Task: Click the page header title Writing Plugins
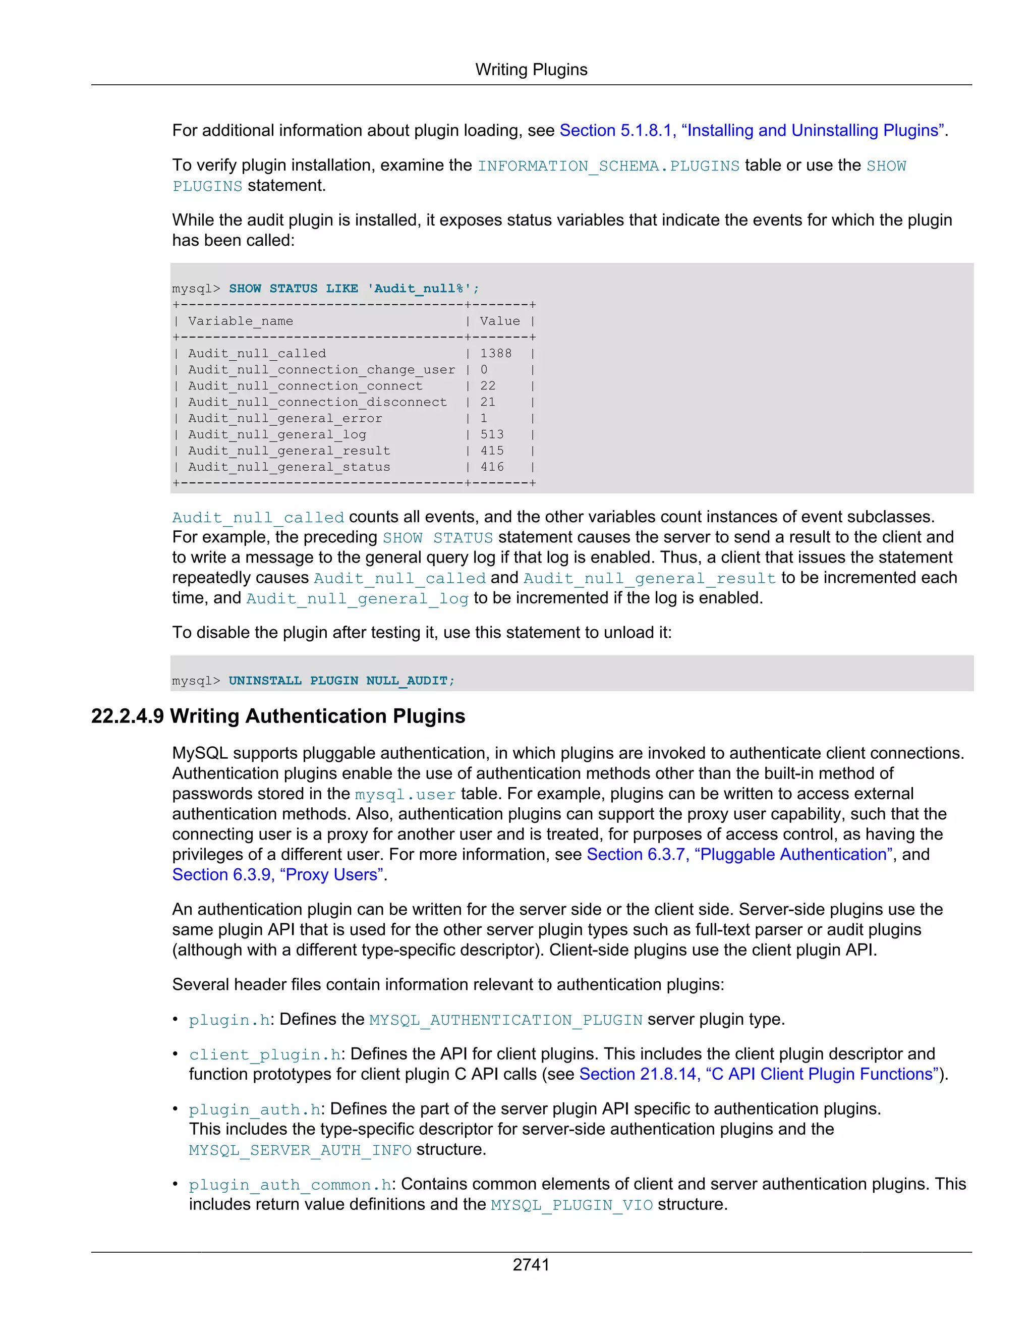pyautogui.click(x=531, y=70)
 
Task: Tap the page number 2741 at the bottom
pyautogui.click(x=531, y=1264)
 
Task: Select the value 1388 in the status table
pyautogui.click(x=495, y=353)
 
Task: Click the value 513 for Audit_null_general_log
pyautogui.click(x=491, y=434)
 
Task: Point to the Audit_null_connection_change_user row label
pyautogui.click(x=321, y=370)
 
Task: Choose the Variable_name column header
pyautogui.click(x=241, y=321)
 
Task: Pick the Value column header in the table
pyautogui.click(x=499, y=321)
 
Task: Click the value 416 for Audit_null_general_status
pyautogui.click(x=491, y=467)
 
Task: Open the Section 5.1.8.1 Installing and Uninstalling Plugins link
pyautogui.click(x=752, y=130)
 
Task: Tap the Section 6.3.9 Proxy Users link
pyautogui.click(x=278, y=874)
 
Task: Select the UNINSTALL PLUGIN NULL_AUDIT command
pyautogui.click(x=341, y=680)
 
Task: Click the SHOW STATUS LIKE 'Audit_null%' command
pyautogui.click(x=354, y=288)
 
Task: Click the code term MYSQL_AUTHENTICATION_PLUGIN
pyautogui.click(x=505, y=1020)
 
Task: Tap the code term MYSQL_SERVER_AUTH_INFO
pyautogui.click(x=300, y=1150)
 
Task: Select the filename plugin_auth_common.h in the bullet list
pyautogui.click(x=290, y=1185)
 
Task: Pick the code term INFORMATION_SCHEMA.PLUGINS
pyautogui.click(x=608, y=166)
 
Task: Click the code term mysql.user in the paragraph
pyautogui.click(x=405, y=795)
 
